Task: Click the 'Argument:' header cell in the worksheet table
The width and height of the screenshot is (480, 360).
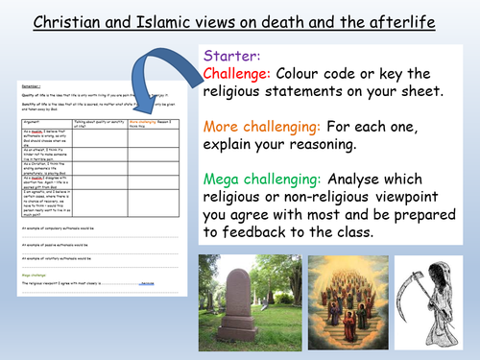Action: (36, 149)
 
